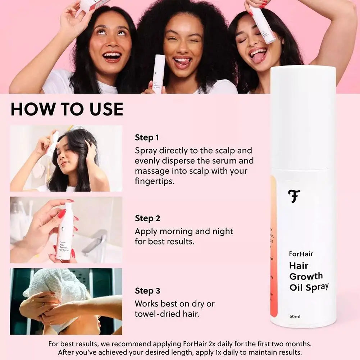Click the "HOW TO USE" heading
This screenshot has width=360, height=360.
(67, 109)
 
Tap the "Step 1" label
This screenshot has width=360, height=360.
(147, 137)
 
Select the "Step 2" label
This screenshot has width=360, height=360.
(147, 218)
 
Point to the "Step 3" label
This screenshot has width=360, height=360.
(147, 291)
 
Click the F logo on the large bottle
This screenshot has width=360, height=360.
(294, 196)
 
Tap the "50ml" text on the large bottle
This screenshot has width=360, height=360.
(295, 317)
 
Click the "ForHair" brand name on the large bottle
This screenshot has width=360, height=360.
(301, 254)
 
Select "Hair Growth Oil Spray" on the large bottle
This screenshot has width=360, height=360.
(309, 276)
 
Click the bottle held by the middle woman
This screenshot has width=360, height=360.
(159, 74)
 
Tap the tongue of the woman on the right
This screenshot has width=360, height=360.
(258, 57)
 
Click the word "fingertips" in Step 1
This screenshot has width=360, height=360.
(154, 181)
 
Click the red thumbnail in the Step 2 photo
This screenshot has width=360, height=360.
(61, 214)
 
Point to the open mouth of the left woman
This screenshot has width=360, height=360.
(112, 56)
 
